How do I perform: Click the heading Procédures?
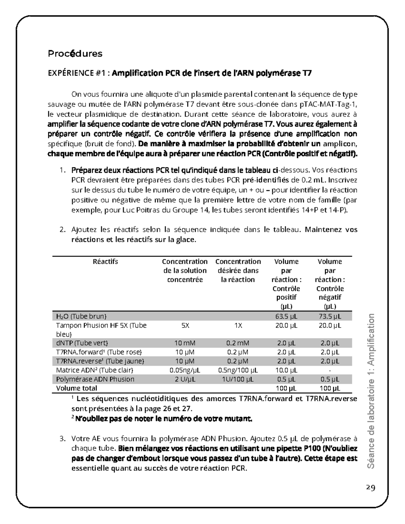(x=75, y=54)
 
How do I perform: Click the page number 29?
(x=371, y=488)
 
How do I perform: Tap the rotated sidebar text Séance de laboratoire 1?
(x=371, y=391)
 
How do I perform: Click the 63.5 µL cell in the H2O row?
(x=287, y=316)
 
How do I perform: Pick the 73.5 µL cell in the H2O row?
(x=330, y=316)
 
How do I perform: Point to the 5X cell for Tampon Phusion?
(x=185, y=326)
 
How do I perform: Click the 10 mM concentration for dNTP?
(x=185, y=343)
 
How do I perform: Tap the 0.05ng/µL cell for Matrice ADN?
(x=185, y=370)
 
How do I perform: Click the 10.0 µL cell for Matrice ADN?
(x=287, y=370)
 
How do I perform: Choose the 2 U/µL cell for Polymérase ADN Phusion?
(x=185, y=379)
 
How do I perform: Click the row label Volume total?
(x=77, y=388)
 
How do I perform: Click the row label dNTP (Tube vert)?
(x=82, y=343)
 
